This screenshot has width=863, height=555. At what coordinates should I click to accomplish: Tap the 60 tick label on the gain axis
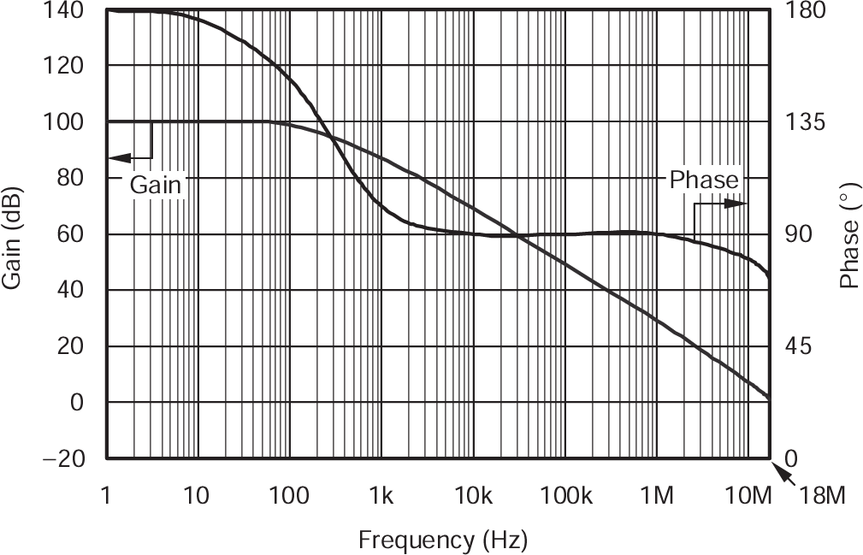click(x=72, y=234)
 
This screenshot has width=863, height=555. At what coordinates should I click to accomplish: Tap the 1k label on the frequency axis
click(x=381, y=496)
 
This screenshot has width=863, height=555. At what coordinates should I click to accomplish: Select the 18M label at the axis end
click(x=820, y=496)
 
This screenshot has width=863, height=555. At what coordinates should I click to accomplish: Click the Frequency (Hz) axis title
click(x=442, y=540)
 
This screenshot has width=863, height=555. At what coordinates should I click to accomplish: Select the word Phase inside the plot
click(x=703, y=180)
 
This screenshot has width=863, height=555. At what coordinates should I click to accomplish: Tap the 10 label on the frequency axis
click(x=197, y=496)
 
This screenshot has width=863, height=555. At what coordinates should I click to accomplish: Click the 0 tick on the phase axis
click(x=791, y=458)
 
